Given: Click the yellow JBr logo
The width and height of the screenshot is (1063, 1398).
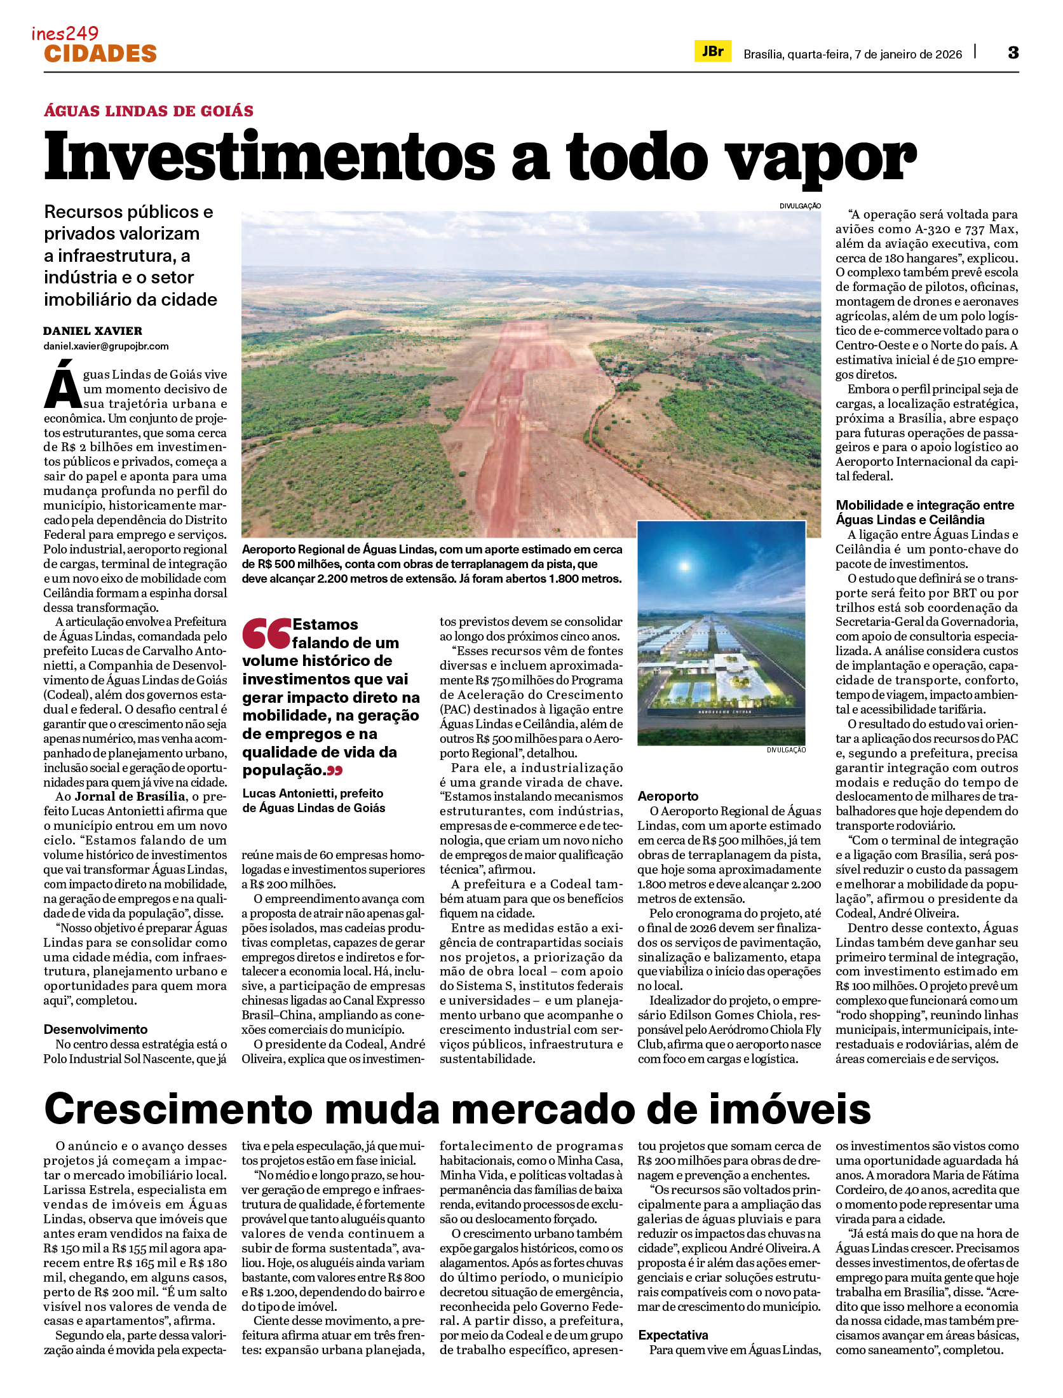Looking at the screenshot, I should pos(712,51).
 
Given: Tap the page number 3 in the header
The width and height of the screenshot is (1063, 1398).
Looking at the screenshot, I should pos(1013,53).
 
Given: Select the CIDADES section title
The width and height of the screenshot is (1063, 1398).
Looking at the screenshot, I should pos(100,54).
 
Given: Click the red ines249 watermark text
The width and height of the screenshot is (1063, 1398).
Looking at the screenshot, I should pos(65,33).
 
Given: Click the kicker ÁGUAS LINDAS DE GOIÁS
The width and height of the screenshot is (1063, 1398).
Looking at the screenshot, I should pos(149,111).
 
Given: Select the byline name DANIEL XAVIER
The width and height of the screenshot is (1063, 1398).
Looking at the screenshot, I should pos(93,331).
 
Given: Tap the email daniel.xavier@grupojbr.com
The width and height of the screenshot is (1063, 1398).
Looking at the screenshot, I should pos(106,346).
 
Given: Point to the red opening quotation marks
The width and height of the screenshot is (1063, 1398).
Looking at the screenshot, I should pos(266,633).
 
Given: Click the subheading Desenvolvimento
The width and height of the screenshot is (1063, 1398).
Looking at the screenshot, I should pos(95,1029).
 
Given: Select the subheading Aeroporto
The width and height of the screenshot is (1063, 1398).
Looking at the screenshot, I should pos(668,796).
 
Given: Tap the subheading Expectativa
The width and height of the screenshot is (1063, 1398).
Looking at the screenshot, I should pos(673,1335).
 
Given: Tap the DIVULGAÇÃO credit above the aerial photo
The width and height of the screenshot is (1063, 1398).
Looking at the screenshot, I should pos(800,206).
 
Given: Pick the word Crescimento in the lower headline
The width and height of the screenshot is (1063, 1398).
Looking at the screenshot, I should pos(179,1110).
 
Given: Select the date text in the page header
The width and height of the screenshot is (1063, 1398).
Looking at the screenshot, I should pos(853,55).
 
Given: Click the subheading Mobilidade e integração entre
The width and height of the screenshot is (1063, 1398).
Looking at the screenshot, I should pos(925,505).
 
